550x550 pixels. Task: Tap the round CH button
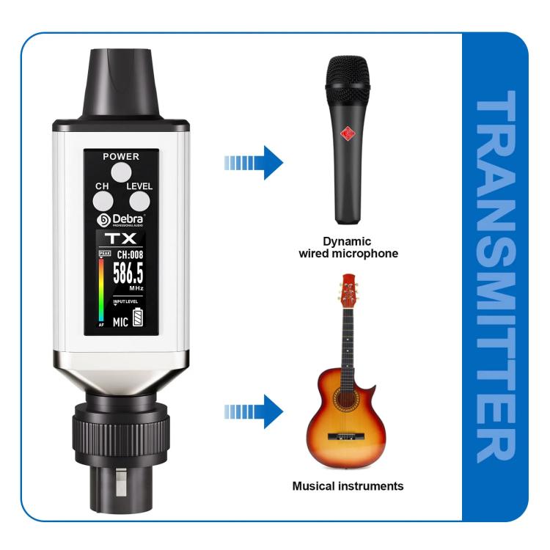coord(103,200)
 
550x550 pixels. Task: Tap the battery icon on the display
coord(137,320)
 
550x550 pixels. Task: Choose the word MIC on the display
coord(120,320)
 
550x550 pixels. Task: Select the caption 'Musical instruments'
coord(348,485)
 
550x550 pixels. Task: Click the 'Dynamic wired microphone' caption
coord(348,247)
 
